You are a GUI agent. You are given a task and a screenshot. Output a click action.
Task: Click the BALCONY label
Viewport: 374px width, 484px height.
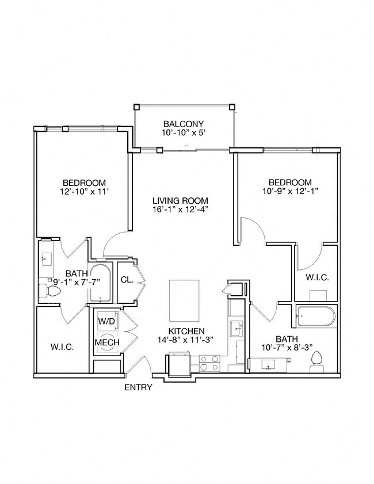pyautogui.click(x=184, y=124)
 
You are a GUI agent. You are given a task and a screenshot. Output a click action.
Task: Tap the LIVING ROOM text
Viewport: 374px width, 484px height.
pyautogui.click(x=180, y=201)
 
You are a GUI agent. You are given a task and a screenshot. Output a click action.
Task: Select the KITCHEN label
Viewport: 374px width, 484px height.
pyautogui.click(x=186, y=331)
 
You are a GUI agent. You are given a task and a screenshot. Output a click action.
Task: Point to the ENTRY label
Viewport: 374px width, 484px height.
pyautogui.click(x=139, y=387)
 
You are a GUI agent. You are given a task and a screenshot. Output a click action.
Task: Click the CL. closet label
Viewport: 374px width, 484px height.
pyautogui.click(x=127, y=280)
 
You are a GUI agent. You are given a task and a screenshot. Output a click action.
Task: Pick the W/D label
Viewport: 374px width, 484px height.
pyautogui.click(x=106, y=321)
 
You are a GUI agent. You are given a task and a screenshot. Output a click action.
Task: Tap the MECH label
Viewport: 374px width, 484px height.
pyautogui.click(x=107, y=342)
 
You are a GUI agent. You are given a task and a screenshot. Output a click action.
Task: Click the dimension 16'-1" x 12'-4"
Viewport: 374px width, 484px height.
pyautogui.click(x=180, y=210)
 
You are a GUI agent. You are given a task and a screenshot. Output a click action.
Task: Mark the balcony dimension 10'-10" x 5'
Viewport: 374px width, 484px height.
pyautogui.click(x=184, y=133)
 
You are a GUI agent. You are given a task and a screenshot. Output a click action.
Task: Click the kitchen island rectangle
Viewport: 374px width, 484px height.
pyautogui.click(x=184, y=301)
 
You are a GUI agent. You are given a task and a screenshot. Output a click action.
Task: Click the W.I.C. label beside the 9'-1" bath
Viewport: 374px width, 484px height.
pyautogui.click(x=62, y=348)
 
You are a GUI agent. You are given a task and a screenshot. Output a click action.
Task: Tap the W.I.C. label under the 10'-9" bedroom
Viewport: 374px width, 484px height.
pyautogui.click(x=317, y=277)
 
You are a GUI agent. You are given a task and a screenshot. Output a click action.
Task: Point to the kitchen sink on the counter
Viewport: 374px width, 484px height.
pyautogui.click(x=236, y=329)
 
